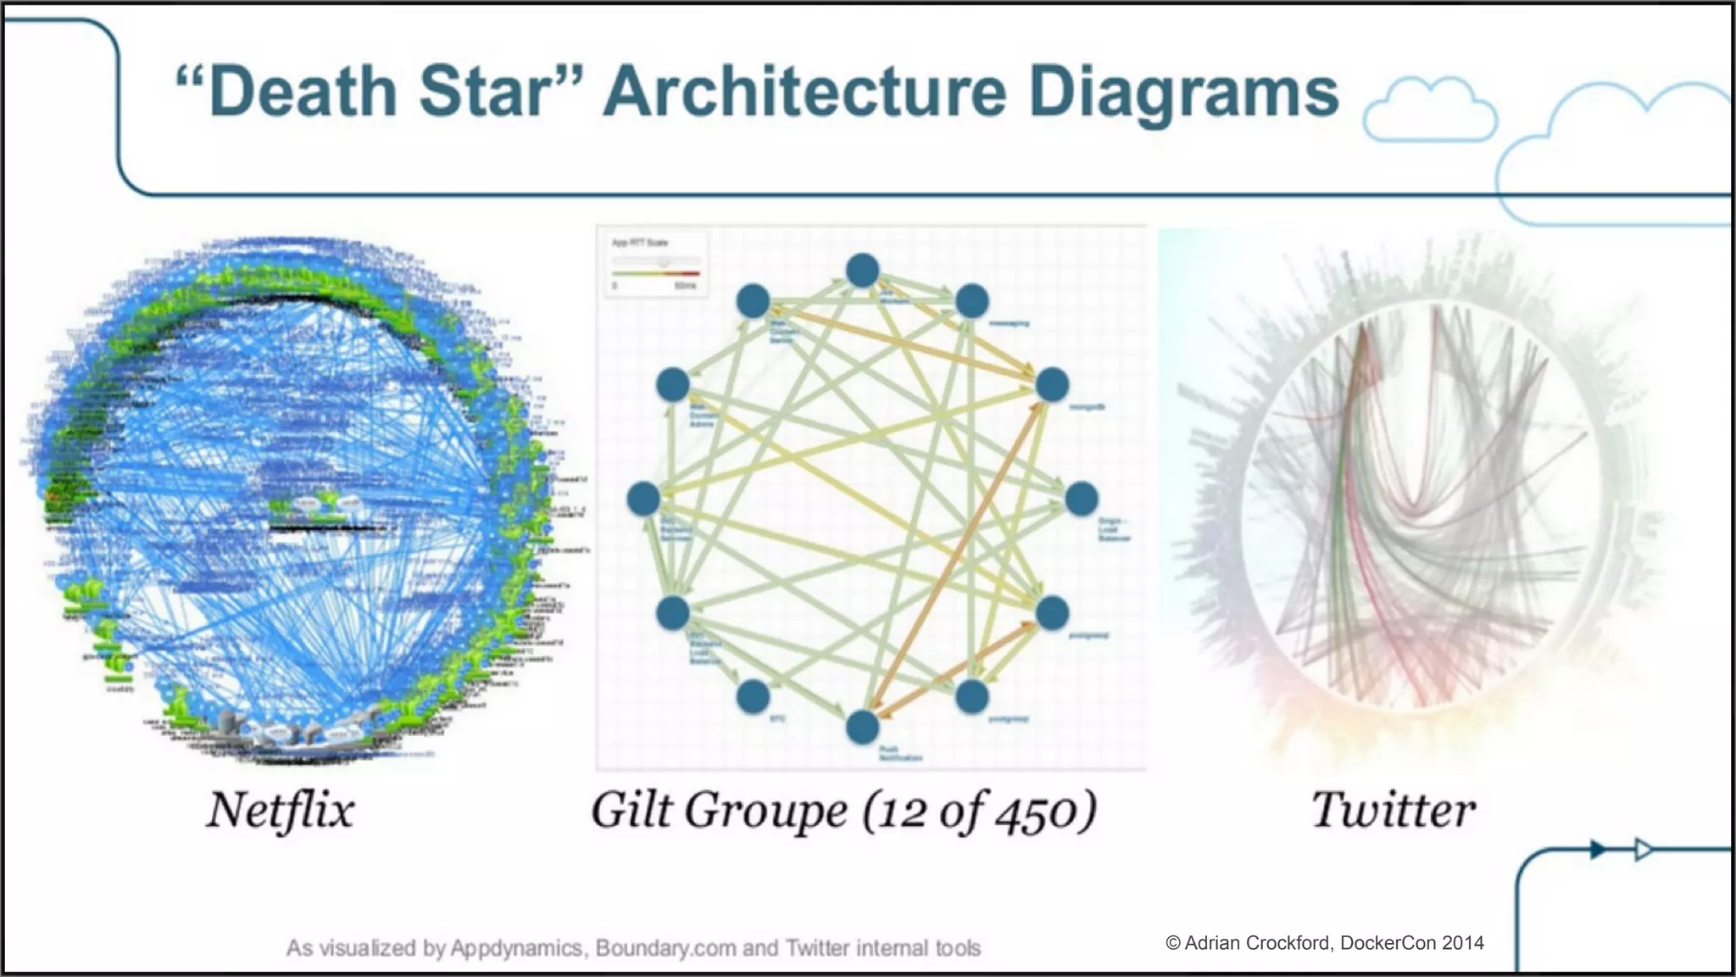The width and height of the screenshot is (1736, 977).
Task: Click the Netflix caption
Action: click(281, 810)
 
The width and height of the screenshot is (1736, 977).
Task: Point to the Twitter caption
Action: click(1394, 810)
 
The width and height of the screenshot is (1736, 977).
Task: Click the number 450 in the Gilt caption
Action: click(1036, 812)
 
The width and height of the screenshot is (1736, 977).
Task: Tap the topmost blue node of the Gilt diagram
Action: click(862, 271)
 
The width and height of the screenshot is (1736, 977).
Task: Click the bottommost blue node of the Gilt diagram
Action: click(862, 727)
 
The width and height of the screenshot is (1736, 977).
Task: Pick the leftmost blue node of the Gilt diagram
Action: click(643, 499)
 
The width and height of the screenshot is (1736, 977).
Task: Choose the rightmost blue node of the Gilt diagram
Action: click(1082, 499)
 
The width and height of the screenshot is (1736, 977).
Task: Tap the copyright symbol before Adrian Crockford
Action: click(1173, 943)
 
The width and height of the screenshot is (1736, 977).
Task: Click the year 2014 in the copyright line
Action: click(1463, 943)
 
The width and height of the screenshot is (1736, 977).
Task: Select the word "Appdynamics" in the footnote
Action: click(516, 948)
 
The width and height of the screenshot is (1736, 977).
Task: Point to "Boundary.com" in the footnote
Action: click(665, 948)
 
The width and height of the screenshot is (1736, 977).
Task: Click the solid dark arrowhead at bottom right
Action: click(1597, 849)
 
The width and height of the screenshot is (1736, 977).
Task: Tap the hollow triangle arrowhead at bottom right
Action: click(1643, 849)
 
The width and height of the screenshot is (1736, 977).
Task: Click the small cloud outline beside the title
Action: click(1429, 110)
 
